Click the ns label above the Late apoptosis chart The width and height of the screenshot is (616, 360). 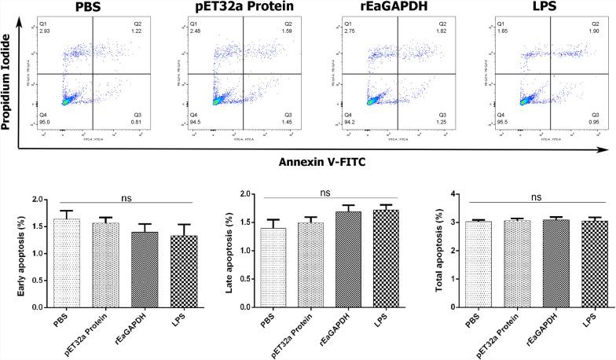[x=324, y=191]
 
